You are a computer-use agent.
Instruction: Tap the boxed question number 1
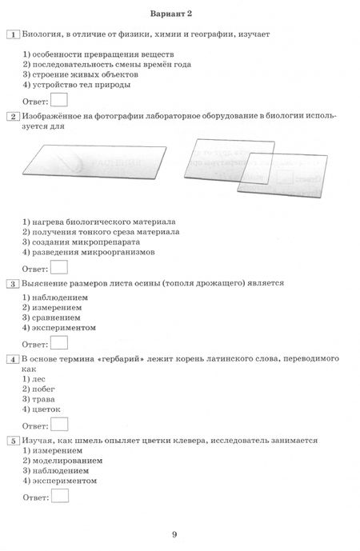tap(12, 34)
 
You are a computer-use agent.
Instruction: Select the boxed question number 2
tap(12, 117)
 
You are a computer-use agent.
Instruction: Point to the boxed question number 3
tap(12, 283)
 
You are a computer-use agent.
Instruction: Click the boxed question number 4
tap(12, 359)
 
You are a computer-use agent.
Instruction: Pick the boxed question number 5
tap(12, 440)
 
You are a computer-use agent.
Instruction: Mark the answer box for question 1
tap(58, 99)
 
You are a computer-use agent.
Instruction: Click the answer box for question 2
tap(58, 268)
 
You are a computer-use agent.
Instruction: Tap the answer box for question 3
tap(58, 344)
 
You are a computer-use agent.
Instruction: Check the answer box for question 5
tap(58, 497)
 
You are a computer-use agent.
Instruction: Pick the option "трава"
tap(42, 398)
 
